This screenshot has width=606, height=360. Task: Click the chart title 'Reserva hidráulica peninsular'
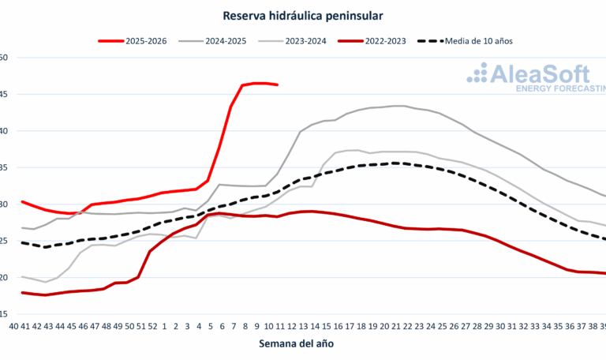(x=302, y=14)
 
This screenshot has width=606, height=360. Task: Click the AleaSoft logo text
(x=539, y=74)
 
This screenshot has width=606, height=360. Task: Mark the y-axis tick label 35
(x=3, y=167)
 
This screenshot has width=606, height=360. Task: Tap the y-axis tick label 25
(x=3, y=241)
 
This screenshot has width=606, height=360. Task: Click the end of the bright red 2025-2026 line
(x=277, y=84)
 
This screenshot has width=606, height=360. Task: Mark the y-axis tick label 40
(x=3, y=131)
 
